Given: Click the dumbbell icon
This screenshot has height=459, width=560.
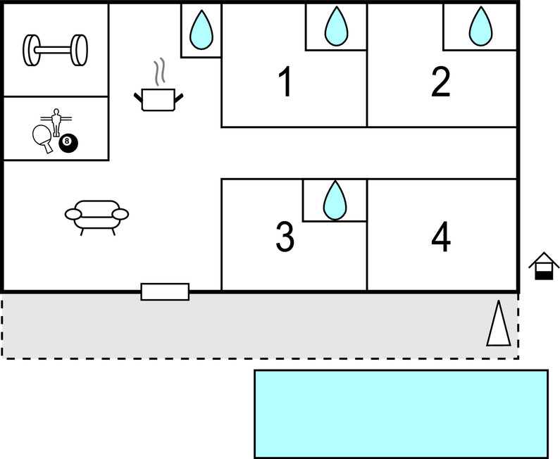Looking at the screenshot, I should click(56, 49).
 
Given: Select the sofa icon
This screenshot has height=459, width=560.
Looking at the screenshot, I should click(97, 215).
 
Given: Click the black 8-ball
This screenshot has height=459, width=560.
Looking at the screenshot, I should click(68, 143).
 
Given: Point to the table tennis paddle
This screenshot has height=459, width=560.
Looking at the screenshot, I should click(42, 134).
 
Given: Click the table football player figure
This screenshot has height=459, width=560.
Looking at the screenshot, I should click(56, 120).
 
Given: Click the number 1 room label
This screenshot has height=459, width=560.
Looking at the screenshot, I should click(285, 82).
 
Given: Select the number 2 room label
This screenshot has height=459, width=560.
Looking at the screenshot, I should click(440, 82).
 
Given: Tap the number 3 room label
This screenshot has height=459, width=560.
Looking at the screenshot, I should click(285, 237).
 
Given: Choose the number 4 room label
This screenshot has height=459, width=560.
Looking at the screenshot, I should click(441, 237).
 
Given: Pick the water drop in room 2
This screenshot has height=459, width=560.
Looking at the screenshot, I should click(480, 27).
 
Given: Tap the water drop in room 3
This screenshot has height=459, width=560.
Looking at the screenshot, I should click(335, 200).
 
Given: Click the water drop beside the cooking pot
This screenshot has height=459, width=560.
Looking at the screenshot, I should click(202, 30).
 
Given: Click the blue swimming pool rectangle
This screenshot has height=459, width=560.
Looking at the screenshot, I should click(400, 413).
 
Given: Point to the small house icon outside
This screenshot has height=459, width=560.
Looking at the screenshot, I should click(544, 266).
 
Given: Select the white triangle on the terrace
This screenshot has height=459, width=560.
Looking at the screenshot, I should click(498, 325).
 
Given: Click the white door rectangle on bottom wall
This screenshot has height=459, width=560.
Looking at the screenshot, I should click(165, 291).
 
